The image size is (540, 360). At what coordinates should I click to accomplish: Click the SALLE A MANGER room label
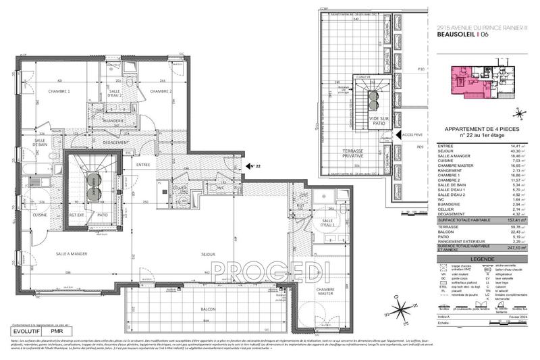(72, 253)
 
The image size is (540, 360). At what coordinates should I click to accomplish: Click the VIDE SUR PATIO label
(379, 120)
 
